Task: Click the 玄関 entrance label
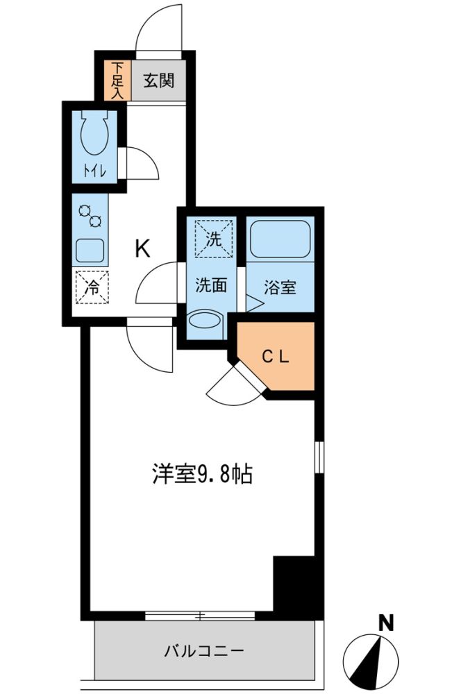[158, 81]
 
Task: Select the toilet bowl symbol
[94, 133]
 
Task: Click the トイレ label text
[94, 171]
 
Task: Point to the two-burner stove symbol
[90, 216]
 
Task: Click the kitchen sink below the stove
[90, 251]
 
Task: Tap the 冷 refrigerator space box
[92, 287]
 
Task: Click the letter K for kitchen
[142, 248]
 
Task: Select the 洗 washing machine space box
[213, 238]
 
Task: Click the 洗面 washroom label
[211, 285]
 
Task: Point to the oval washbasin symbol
[205, 320]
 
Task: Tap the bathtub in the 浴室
[280, 239]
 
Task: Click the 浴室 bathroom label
[280, 287]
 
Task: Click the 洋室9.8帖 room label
[202, 474]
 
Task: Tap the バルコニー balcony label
[204, 651]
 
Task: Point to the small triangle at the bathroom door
[255, 303]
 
